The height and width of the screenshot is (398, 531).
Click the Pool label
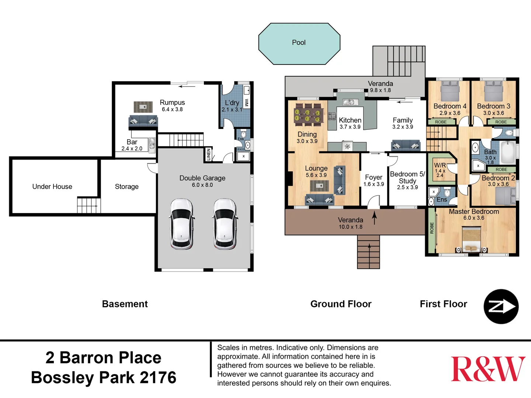pos(299,42)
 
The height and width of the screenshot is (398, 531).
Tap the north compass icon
pos(501,307)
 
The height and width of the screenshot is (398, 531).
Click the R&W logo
pos(488,369)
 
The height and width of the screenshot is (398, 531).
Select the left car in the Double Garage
pos(181,224)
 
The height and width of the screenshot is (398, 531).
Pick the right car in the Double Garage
pos(225,224)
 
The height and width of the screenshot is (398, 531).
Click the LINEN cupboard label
pos(209,154)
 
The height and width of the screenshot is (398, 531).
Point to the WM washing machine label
pos(247,103)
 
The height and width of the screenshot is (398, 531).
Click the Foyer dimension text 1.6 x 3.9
pos(374,184)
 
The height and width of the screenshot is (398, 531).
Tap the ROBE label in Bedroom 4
pos(441,122)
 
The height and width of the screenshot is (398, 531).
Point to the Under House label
pos(52,186)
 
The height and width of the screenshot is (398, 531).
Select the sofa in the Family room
pos(406,146)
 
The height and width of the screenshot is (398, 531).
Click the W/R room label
pos(440,165)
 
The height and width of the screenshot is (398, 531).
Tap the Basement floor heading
pos(125,304)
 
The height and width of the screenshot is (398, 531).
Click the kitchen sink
pos(348,102)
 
